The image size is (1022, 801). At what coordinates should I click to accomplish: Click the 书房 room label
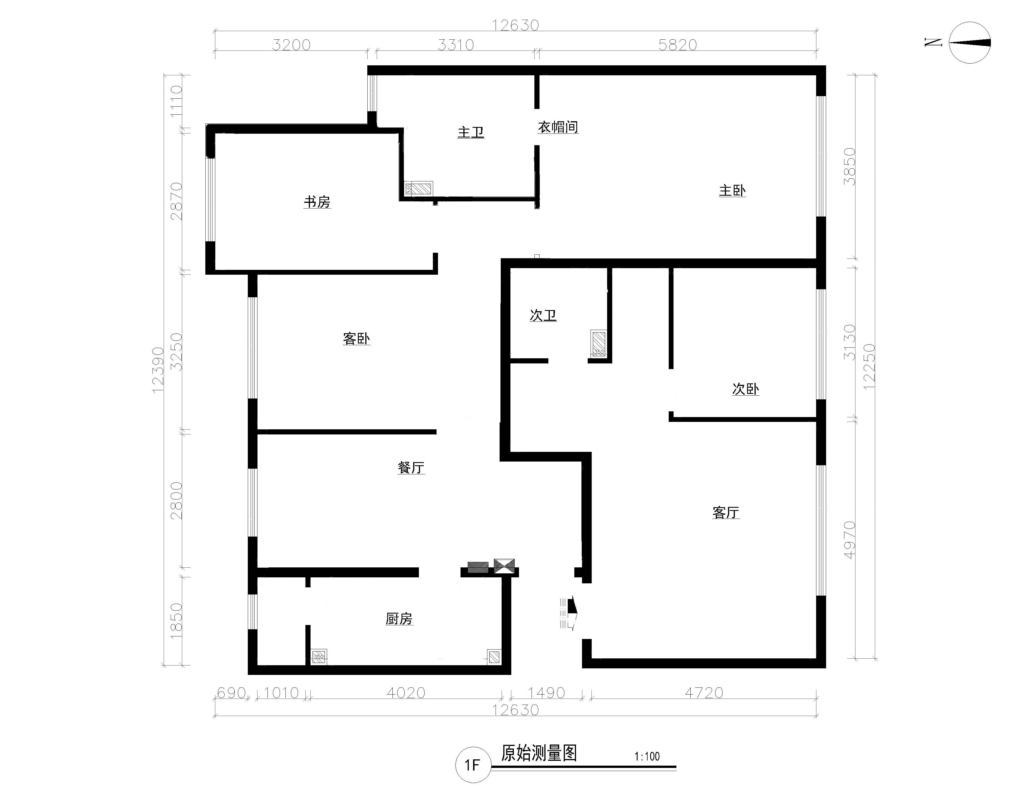point(317,202)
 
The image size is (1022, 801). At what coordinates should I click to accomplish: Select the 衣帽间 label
point(558,127)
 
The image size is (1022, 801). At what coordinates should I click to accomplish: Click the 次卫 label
point(543,315)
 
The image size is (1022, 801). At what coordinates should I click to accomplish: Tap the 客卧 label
point(356,339)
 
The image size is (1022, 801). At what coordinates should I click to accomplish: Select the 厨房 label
point(399,619)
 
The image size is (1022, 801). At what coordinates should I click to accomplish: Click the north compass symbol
point(970,43)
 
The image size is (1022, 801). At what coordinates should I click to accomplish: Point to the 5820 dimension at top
point(678,45)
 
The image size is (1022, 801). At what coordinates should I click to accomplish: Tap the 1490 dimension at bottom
point(546,693)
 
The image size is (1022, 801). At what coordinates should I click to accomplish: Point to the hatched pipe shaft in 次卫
point(599,343)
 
